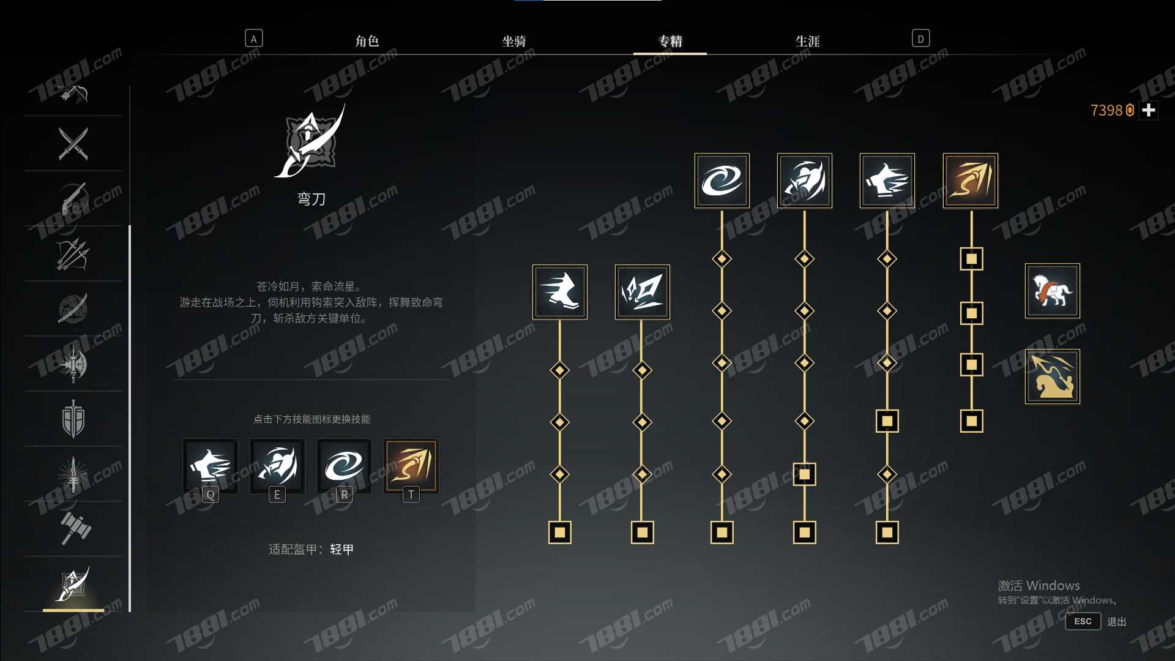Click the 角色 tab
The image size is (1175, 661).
pos(367,41)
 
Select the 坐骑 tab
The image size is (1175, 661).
pos(514,41)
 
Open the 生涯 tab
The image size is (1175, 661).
pos(808,41)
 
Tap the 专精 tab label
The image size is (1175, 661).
pos(670,41)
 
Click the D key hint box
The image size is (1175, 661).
pos(920,39)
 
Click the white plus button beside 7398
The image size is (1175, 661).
pos(1149,110)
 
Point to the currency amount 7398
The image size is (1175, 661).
pos(1106,110)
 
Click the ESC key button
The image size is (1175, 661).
pos(1083,621)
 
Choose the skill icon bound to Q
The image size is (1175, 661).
pos(210,466)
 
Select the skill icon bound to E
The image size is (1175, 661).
pos(277,466)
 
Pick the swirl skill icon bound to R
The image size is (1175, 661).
pos(344,466)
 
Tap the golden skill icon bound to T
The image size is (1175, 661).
pos(411,466)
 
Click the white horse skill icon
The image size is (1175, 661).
pos(1053,291)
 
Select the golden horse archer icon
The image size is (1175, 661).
pos(1053,376)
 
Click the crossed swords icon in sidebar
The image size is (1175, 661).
pos(73,143)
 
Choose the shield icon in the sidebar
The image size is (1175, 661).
pos(73,419)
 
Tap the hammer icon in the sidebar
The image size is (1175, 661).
pos(75,528)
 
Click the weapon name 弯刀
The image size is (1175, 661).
pos(311,199)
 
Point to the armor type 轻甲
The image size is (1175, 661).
pos(342,550)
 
